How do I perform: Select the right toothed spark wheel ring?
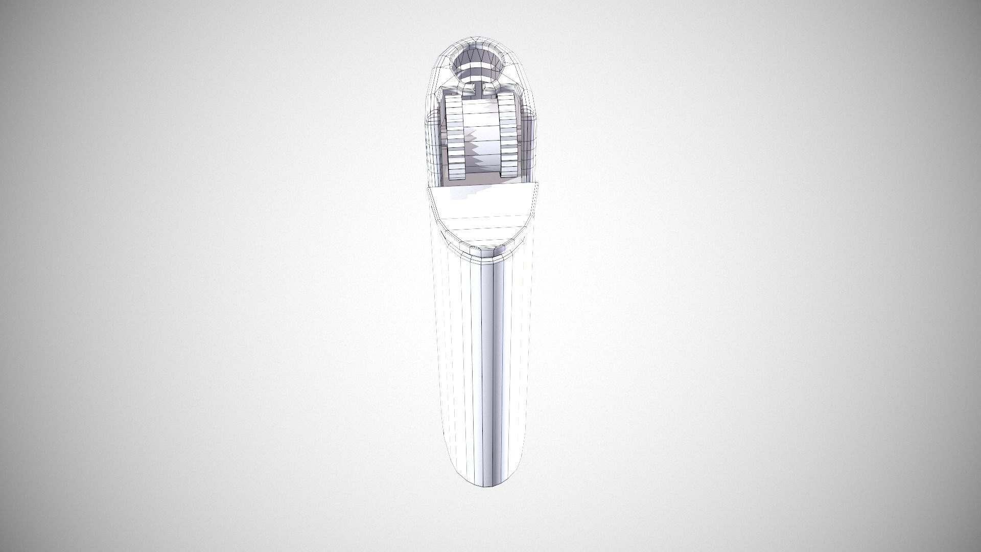pos(507,135)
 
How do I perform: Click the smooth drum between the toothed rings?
pos(480,123)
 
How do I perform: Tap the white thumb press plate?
pos(482,210)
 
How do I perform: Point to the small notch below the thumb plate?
pos(482,251)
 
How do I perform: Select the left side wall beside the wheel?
pos(434,148)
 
